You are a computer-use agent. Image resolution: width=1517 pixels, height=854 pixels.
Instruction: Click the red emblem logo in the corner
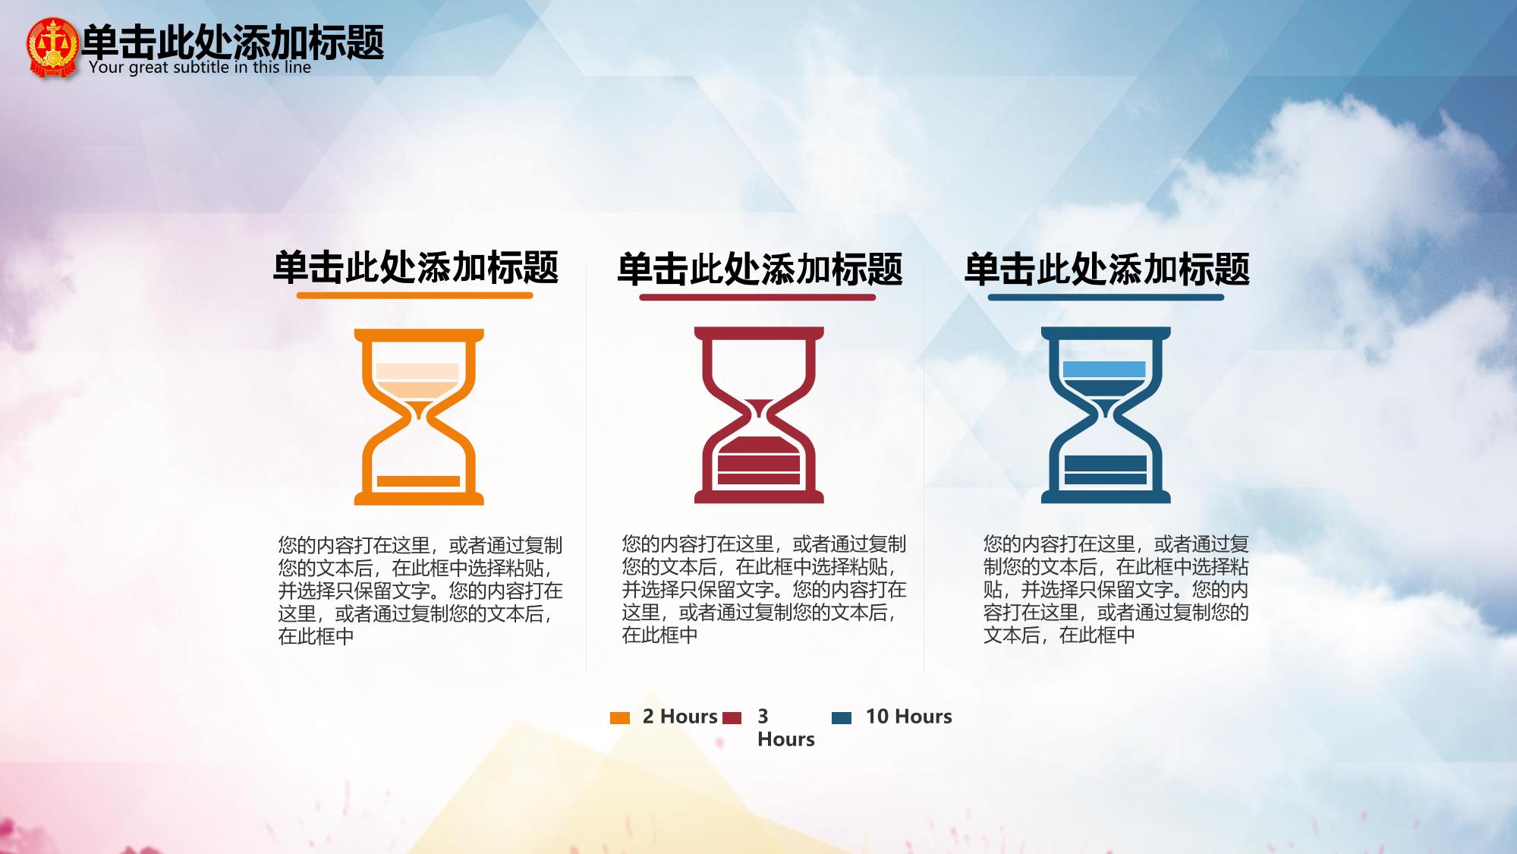click(52, 48)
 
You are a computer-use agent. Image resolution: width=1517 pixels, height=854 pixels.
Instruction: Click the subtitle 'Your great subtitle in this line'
click(200, 67)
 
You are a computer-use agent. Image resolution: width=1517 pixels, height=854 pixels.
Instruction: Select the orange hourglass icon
click(419, 417)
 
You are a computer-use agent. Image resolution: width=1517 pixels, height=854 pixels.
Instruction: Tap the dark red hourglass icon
click(759, 415)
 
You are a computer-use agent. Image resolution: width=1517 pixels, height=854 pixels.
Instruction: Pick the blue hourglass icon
click(1106, 415)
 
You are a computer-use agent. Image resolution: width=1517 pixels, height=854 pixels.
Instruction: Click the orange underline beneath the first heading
click(415, 295)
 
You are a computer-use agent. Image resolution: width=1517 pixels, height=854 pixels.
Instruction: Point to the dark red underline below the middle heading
click(757, 297)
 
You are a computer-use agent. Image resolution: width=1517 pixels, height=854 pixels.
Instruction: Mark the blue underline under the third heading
click(1106, 297)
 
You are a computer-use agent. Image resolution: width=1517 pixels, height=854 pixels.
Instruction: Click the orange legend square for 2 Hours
click(620, 718)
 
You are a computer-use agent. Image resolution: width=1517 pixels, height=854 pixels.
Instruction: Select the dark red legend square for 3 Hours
click(732, 718)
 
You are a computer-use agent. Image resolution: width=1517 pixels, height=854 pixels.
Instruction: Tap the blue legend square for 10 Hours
click(842, 718)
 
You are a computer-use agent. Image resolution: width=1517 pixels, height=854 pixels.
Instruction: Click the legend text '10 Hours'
click(908, 717)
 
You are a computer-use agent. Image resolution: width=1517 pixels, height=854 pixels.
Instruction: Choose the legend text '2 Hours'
click(680, 717)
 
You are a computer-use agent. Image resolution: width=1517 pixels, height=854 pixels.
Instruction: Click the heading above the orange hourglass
click(416, 267)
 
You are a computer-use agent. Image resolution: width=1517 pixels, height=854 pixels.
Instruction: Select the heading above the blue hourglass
click(1106, 269)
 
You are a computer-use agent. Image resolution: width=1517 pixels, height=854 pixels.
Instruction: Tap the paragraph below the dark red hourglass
click(764, 589)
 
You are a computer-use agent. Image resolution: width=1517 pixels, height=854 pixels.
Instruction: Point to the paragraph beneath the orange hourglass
click(420, 591)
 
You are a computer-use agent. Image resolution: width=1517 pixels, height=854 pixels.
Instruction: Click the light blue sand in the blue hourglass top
click(1104, 370)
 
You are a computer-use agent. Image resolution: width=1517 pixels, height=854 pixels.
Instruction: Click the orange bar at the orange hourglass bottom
click(418, 481)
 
